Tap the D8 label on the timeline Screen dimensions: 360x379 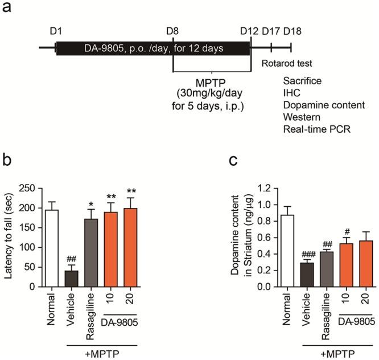pos(173,30)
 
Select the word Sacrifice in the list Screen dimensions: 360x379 pos(302,81)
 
